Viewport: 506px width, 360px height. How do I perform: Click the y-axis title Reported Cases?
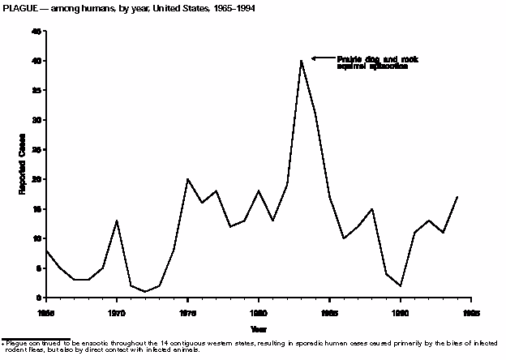pos(24,164)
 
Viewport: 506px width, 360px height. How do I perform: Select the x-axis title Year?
pos(258,328)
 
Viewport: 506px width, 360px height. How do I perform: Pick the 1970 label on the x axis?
pos(117,310)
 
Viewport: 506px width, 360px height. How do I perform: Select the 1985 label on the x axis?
pos(329,310)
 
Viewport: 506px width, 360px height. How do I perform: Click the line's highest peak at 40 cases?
pos(301,60)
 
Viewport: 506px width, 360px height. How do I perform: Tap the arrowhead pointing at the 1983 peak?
pos(315,58)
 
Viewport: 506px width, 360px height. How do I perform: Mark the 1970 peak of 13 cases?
pos(117,221)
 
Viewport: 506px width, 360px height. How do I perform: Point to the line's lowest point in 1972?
pos(145,292)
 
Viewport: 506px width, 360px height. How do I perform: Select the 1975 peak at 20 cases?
pos(187,179)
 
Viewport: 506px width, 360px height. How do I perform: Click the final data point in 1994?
pos(457,197)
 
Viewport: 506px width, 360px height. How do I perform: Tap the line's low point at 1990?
pos(401,285)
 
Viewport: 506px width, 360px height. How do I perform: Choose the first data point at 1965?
pos(46,251)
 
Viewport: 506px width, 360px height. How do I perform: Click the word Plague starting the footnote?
pos(15,345)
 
